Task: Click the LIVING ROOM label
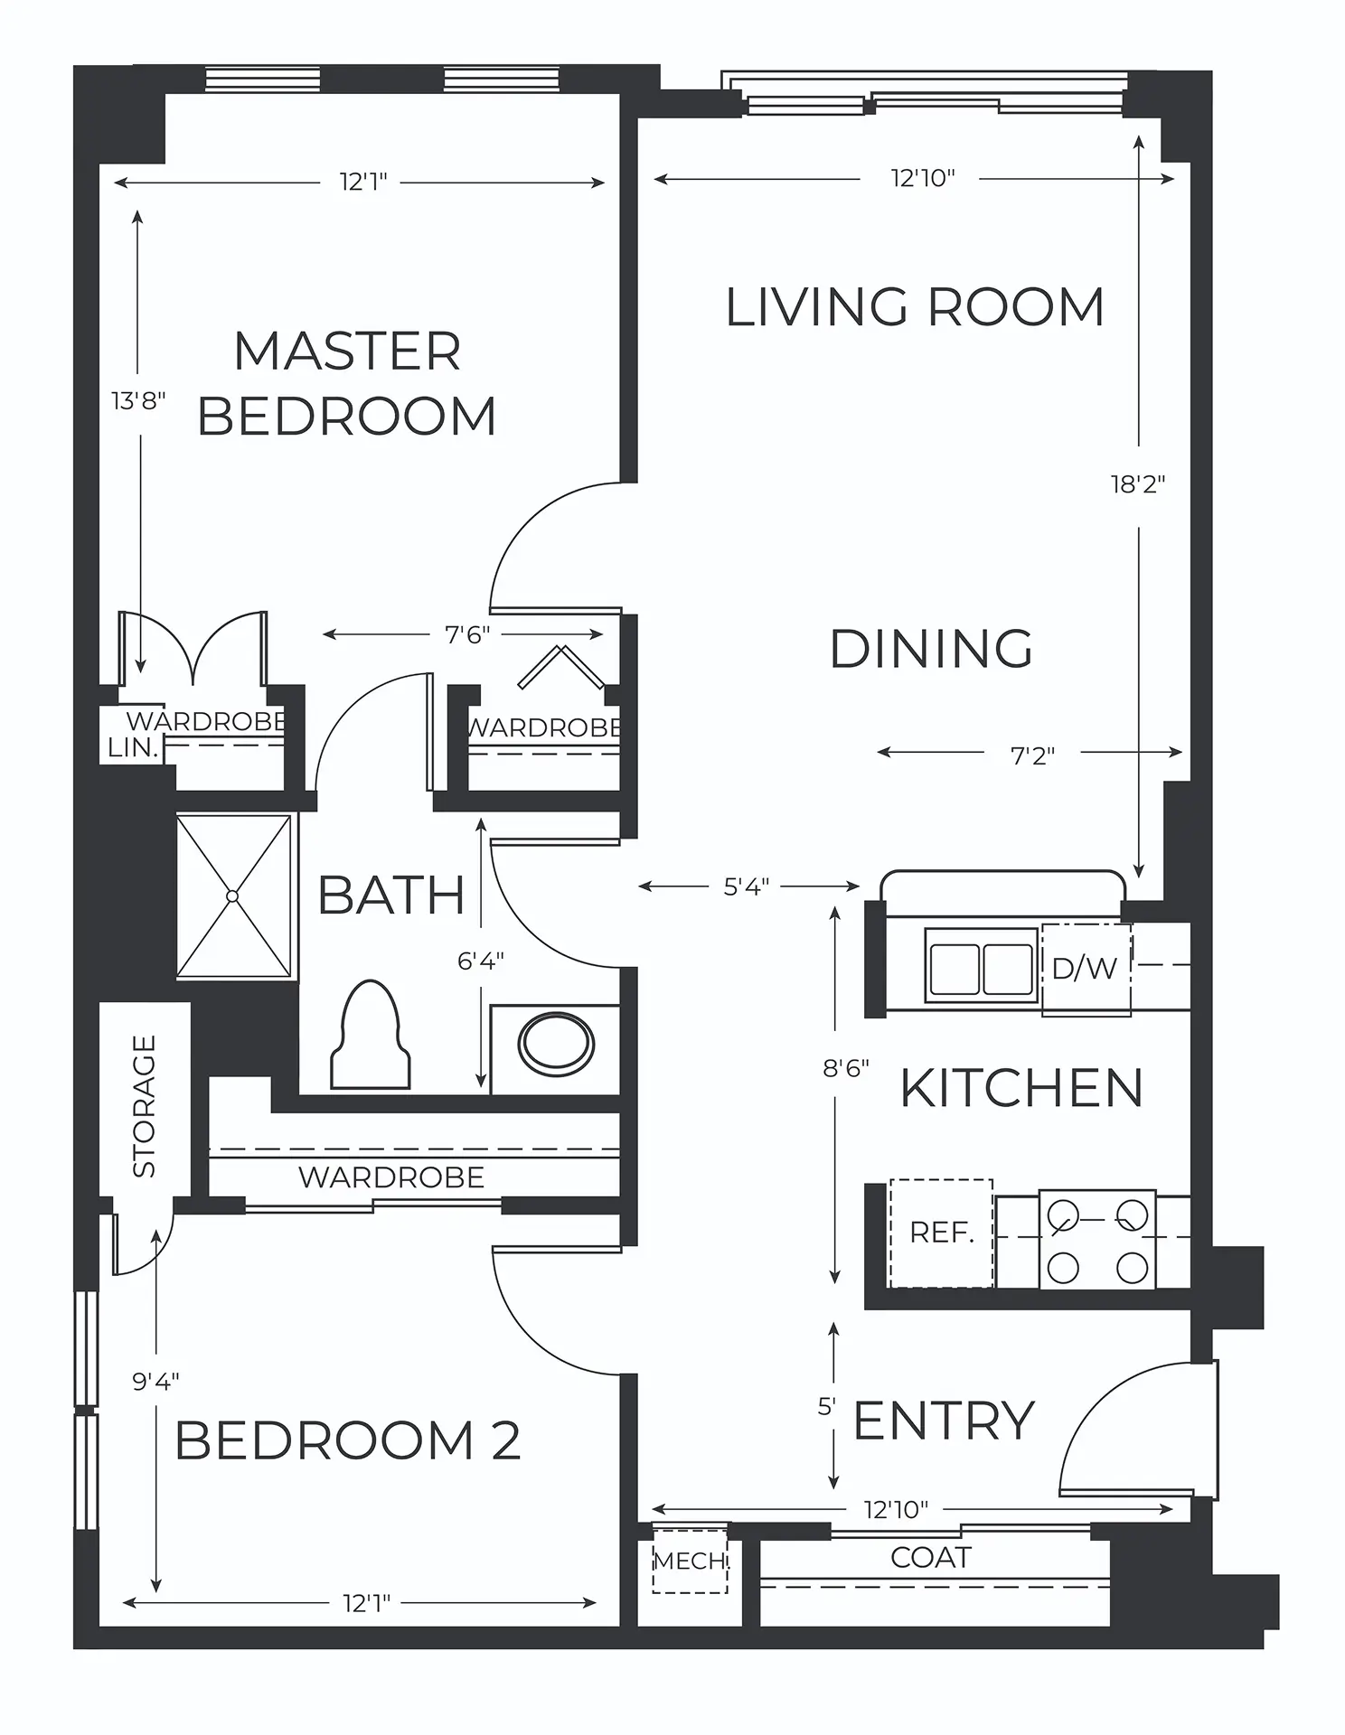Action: [915, 307]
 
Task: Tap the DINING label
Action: [931, 649]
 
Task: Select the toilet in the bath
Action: [371, 1035]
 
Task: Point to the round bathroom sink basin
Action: [556, 1045]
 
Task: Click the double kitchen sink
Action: [981, 966]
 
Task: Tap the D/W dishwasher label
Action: [1085, 969]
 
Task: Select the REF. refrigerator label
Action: [941, 1233]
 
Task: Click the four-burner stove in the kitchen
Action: [1097, 1240]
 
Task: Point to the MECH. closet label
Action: [691, 1561]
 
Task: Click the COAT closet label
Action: [931, 1557]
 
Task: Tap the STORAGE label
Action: [145, 1106]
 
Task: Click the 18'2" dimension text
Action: [1138, 484]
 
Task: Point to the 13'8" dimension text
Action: [139, 400]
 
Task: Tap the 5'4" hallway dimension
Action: [747, 887]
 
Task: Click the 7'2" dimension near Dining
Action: [1033, 755]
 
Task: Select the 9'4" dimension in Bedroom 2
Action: [156, 1381]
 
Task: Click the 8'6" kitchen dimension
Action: [846, 1069]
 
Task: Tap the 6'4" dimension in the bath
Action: [481, 961]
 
